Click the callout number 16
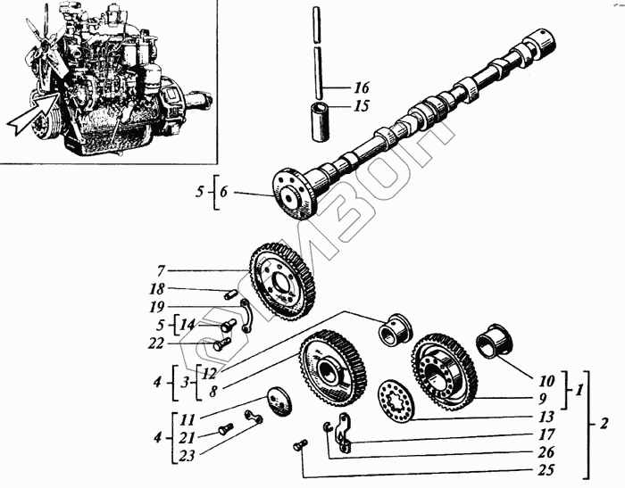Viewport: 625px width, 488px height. click(x=361, y=87)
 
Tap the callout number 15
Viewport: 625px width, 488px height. click(x=361, y=105)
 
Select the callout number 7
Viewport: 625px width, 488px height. click(x=161, y=269)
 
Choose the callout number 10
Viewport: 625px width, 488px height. click(x=547, y=381)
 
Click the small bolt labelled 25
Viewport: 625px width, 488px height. click(x=297, y=443)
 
